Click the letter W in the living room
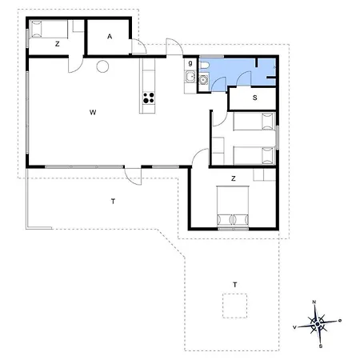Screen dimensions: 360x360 pyautogui.click(x=93, y=112)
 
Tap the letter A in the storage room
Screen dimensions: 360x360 pyautogui.click(x=110, y=37)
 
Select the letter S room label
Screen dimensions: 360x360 pyautogui.click(x=255, y=98)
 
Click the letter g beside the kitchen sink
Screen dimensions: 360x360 pyautogui.click(x=190, y=63)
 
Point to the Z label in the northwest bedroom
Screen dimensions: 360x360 pyautogui.click(x=58, y=44)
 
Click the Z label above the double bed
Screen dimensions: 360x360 pyautogui.click(x=234, y=178)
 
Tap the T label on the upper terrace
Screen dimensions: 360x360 pyautogui.click(x=113, y=202)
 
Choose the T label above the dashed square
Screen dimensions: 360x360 pyautogui.click(x=234, y=285)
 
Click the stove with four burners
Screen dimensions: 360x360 pyautogui.click(x=149, y=98)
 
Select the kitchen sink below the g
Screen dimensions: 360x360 pyautogui.click(x=190, y=77)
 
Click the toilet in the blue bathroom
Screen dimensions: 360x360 pyautogui.click(x=204, y=65)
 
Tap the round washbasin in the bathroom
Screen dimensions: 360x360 pyautogui.click(x=203, y=79)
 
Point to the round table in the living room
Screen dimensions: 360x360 pyautogui.click(x=102, y=66)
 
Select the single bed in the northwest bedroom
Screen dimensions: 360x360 pyautogui.click(x=49, y=29)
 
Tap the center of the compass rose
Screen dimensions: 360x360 pyautogui.click(x=318, y=324)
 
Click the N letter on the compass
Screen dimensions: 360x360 pyautogui.click(x=314, y=302)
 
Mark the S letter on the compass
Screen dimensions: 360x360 pyautogui.click(x=321, y=346)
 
